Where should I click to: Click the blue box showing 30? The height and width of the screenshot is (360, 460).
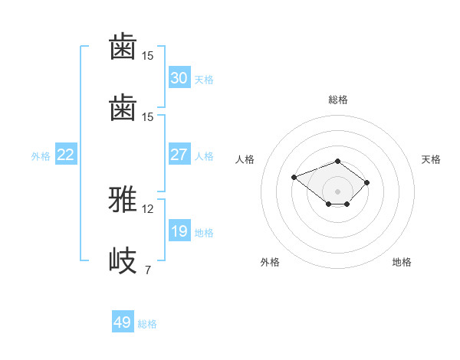click(179, 78)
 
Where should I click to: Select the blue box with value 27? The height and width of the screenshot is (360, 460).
click(179, 155)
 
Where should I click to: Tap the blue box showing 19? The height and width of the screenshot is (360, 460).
click(179, 231)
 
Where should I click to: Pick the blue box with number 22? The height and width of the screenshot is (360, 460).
click(66, 155)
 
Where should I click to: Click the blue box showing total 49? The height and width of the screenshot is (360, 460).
click(123, 322)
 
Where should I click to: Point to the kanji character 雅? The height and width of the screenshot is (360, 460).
click(123, 201)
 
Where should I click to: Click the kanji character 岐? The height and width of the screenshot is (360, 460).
click(123, 260)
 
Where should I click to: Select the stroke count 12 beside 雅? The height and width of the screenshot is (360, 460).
click(148, 209)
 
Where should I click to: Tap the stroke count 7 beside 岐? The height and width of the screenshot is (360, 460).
click(147, 270)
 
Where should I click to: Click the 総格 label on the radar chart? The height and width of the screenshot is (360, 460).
click(338, 100)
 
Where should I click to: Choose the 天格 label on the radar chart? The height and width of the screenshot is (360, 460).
click(431, 159)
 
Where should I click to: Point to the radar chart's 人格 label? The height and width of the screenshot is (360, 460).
click(245, 159)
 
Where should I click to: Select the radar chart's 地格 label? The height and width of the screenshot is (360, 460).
click(402, 262)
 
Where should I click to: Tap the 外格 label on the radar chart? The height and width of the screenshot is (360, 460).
click(270, 262)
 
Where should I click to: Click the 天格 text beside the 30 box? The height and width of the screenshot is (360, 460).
click(204, 80)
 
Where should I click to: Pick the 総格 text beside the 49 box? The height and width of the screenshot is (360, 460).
click(147, 324)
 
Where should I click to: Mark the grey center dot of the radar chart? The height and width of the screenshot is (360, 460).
click(338, 191)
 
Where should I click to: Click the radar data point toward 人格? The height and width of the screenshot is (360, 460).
click(294, 177)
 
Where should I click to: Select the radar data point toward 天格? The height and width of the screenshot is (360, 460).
click(367, 182)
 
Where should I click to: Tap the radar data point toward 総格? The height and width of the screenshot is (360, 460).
click(338, 161)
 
